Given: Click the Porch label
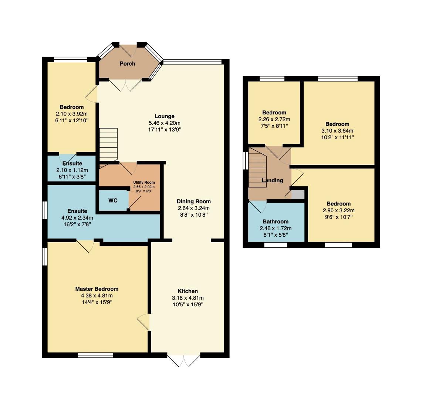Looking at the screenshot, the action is click(x=127, y=64).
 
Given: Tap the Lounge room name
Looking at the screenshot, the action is click(x=165, y=116).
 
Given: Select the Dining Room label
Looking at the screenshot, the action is click(x=193, y=201).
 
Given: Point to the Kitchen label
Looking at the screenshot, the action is click(x=188, y=291).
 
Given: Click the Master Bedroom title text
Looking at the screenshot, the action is click(x=97, y=289).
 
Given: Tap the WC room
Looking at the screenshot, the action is click(x=113, y=200).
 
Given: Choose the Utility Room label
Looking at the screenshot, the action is click(x=144, y=183).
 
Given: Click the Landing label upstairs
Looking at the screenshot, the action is click(x=272, y=180).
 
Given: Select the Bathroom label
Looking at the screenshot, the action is click(x=276, y=221).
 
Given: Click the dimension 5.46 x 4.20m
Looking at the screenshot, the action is click(x=165, y=123).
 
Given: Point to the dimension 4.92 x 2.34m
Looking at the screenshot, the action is click(x=77, y=218).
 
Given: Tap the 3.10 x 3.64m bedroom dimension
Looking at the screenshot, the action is click(x=337, y=131).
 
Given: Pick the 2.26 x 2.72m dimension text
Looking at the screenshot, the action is click(x=274, y=119).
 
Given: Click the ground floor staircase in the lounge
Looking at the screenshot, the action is click(x=108, y=145).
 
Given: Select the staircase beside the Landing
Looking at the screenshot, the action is click(x=257, y=168).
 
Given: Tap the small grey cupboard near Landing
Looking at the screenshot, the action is click(x=298, y=194).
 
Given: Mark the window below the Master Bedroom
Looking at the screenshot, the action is click(x=95, y=355).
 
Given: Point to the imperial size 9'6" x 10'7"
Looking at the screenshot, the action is click(x=338, y=217).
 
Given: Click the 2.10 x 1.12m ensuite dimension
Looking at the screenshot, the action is click(x=72, y=170).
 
